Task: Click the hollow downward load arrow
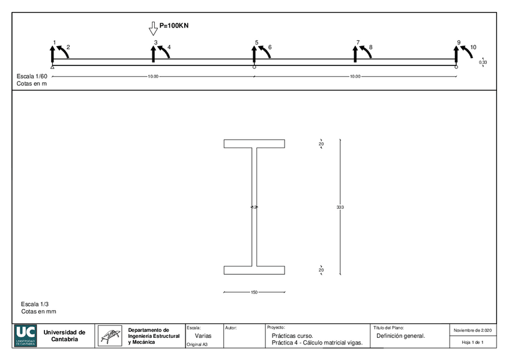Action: click(x=152, y=28)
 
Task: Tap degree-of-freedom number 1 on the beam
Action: click(x=55, y=43)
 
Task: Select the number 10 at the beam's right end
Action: click(x=473, y=46)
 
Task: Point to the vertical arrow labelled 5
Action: click(x=254, y=53)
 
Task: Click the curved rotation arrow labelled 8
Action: click(x=366, y=52)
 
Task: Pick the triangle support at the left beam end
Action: click(x=53, y=67)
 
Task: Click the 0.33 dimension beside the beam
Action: click(x=483, y=62)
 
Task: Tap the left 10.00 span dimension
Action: click(x=153, y=77)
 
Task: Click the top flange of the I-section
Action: click(x=254, y=143)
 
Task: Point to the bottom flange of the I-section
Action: click(x=254, y=270)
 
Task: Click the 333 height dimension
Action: click(x=340, y=207)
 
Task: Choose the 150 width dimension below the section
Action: click(x=254, y=292)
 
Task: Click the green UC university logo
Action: click(x=26, y=336)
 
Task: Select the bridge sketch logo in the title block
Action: click(x=109, y=336)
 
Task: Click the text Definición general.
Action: click(x=400, y=336)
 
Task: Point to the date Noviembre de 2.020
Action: click(x=473, y=331)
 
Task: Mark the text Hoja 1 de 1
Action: click(x=473, y=342)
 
